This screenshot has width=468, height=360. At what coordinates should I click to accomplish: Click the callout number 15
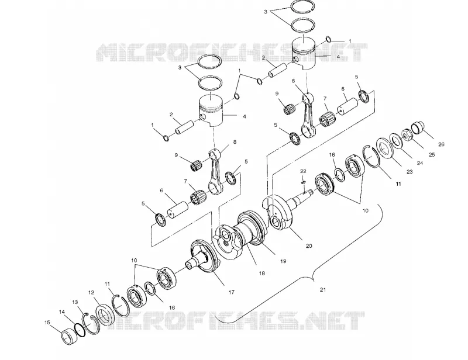[47, 323]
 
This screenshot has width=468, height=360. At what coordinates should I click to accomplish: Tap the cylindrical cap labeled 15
[68, 336]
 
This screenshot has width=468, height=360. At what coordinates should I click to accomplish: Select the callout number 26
[441, 144]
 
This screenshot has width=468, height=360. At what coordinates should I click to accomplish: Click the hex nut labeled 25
[406, 134]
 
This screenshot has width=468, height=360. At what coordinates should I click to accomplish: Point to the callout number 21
[323, 290]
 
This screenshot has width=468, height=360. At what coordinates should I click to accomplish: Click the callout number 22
[303, 171]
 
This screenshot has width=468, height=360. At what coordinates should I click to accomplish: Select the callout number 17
[231, 292]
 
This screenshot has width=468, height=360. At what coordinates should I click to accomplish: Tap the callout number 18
[261, 273]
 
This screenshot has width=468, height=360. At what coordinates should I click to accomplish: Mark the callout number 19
[283, 261]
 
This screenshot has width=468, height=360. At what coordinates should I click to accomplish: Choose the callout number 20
[309, 246]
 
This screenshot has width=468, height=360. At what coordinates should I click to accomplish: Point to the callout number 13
[75, 303]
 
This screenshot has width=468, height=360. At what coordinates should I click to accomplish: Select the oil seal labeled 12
[105, 315]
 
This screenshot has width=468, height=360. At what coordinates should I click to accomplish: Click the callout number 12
[91, 293]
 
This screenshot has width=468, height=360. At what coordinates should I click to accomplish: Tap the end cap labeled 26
[417, 128]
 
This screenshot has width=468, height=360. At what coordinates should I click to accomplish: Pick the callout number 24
[419, 163]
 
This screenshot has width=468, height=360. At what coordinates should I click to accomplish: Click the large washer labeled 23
[385, 148]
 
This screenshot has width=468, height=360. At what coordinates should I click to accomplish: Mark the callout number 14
[62, 312]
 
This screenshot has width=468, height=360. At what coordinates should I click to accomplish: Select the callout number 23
[409, 172]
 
